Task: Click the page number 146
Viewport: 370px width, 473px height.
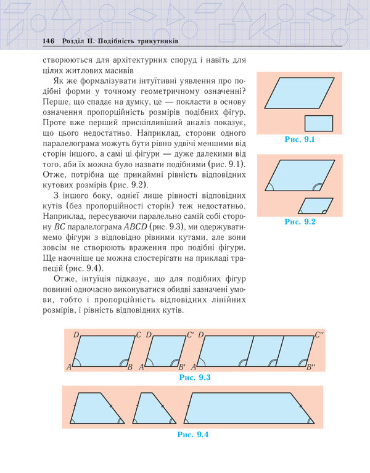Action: (x=49, y=41)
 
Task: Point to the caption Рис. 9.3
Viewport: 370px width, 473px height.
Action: (x=195, y=377)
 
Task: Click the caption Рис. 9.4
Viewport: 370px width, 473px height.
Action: (x=193, y=435)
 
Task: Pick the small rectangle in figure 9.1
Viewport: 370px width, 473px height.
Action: (x=318, y=123)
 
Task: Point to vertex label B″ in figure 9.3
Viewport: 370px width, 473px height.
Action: (x=310, y=368)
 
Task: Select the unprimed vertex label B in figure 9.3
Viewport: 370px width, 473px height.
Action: (x=129, y=368)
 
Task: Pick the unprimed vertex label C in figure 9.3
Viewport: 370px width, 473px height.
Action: (x=139, y=335)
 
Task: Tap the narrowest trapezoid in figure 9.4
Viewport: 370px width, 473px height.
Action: (x=152, y=408)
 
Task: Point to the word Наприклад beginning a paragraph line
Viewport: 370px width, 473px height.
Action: (x=62, y=216)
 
